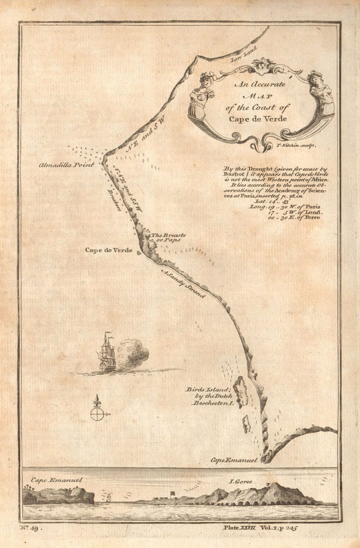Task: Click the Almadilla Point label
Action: pyautogui.click(x=66, y=164)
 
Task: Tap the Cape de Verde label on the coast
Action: pyautogui.click(x=109, y=250)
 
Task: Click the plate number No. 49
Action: pyautogui.click(x=31, y=527)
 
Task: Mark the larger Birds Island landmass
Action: pyautogui.click(x=240, y=391)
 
